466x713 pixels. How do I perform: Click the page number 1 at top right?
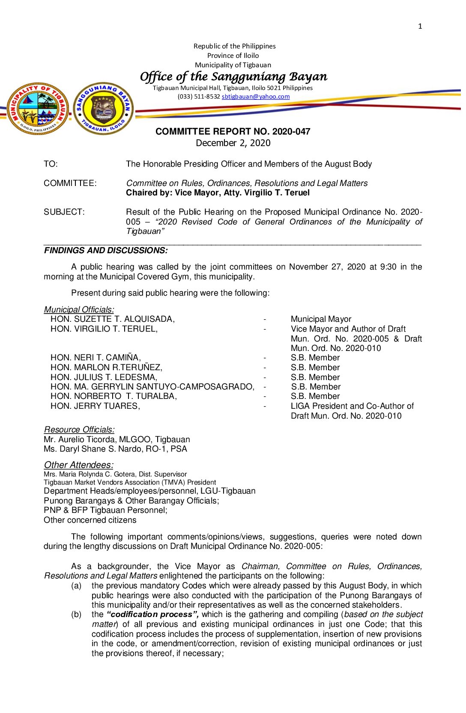point(420,27)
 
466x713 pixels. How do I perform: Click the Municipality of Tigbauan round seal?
point(38,109)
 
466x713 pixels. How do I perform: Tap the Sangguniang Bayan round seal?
point(103,108)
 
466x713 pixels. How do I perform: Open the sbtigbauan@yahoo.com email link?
point(255,97)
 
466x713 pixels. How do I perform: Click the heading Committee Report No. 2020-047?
point(233,132)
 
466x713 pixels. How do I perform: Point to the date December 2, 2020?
point(233,143)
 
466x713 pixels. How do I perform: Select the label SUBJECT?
point(64,212)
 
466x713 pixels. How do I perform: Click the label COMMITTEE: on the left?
point(70,183)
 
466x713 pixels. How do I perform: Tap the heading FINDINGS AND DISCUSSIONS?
point(106,251)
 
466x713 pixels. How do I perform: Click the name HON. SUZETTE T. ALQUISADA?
point(112,319)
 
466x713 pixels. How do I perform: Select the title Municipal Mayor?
point(321,319)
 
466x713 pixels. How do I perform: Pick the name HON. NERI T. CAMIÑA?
point(96,358)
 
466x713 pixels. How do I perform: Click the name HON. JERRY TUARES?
point(95,406)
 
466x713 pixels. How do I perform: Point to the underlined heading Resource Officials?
point(79,430)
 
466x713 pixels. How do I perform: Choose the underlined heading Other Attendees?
point(79,465)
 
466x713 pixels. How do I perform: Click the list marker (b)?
point(76,614)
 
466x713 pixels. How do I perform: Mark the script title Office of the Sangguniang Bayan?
point(233,77)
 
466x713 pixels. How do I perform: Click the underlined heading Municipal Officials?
point(79,310)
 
